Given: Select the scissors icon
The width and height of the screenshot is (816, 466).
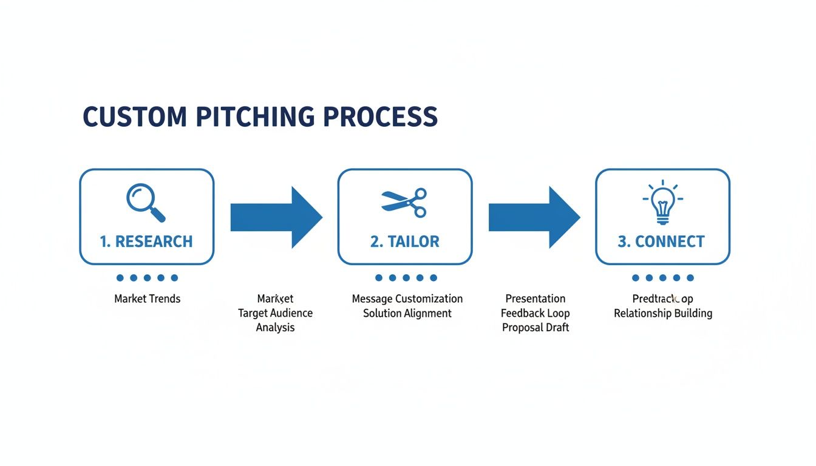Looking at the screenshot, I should (x=404, y=203).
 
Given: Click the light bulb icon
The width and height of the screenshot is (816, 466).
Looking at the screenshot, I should (x=662, y=203).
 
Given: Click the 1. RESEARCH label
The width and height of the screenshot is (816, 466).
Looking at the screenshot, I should (x=146, y=241).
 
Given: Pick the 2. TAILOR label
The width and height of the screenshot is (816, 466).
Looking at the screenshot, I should (x=404, y=241).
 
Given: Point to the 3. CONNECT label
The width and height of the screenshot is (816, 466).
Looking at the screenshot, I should (x=661, y=241).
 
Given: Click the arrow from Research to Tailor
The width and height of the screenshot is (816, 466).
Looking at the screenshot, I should (x=276, y=217).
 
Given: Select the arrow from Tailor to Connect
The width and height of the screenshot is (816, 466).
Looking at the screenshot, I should (x=534, y=217).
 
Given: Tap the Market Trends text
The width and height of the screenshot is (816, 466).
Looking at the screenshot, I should (x=147, y=299).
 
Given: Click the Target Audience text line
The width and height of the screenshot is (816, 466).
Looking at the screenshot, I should (x=275, y=313).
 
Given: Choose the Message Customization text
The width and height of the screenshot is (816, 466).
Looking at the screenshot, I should (x=407, y=299).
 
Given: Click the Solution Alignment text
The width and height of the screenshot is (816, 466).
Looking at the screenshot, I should (x=407, y=313).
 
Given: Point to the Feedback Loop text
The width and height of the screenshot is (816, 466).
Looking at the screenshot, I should (x=535, y=313).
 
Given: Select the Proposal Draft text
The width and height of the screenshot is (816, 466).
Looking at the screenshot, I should (x=535, y=328).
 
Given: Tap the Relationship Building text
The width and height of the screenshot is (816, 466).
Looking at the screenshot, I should (x=663, y=313).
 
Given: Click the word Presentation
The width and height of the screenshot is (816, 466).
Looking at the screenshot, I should (x=535, y=299).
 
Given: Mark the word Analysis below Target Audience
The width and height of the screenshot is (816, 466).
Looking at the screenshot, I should (x=275, y=328).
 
